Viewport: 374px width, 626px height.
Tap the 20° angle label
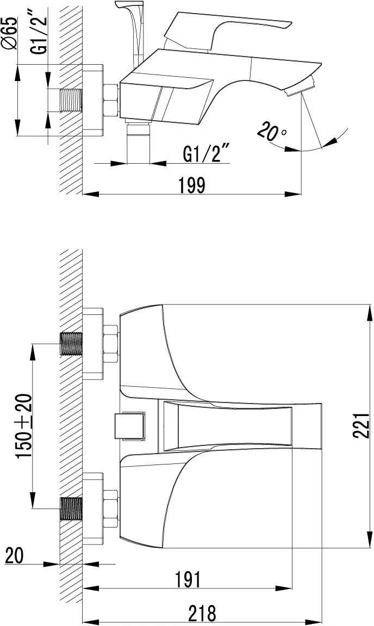272,132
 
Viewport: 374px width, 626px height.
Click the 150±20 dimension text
23,426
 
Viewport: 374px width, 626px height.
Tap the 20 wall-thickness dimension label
14,555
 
